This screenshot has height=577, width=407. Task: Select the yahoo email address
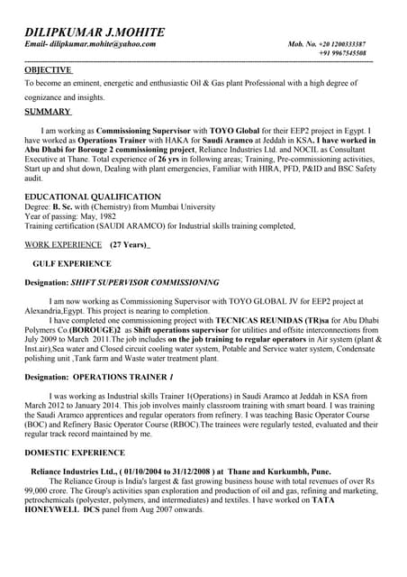tap(103, 44)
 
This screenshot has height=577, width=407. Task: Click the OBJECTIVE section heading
tap(49, 69)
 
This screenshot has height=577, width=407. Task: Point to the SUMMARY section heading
tap(47, 112)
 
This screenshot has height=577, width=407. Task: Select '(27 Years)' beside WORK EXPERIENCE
tap(130, 244)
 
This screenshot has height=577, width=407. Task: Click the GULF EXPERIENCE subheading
tap(71, 264)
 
